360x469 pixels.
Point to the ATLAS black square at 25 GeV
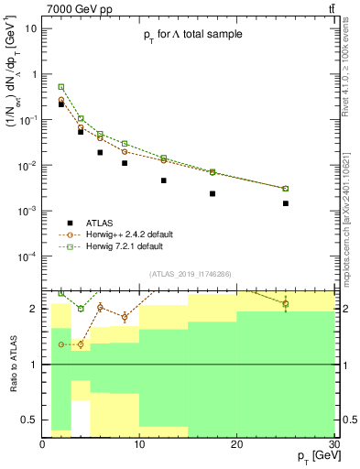286,203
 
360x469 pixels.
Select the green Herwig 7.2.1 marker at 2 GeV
61,87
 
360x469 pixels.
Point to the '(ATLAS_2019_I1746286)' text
189,274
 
